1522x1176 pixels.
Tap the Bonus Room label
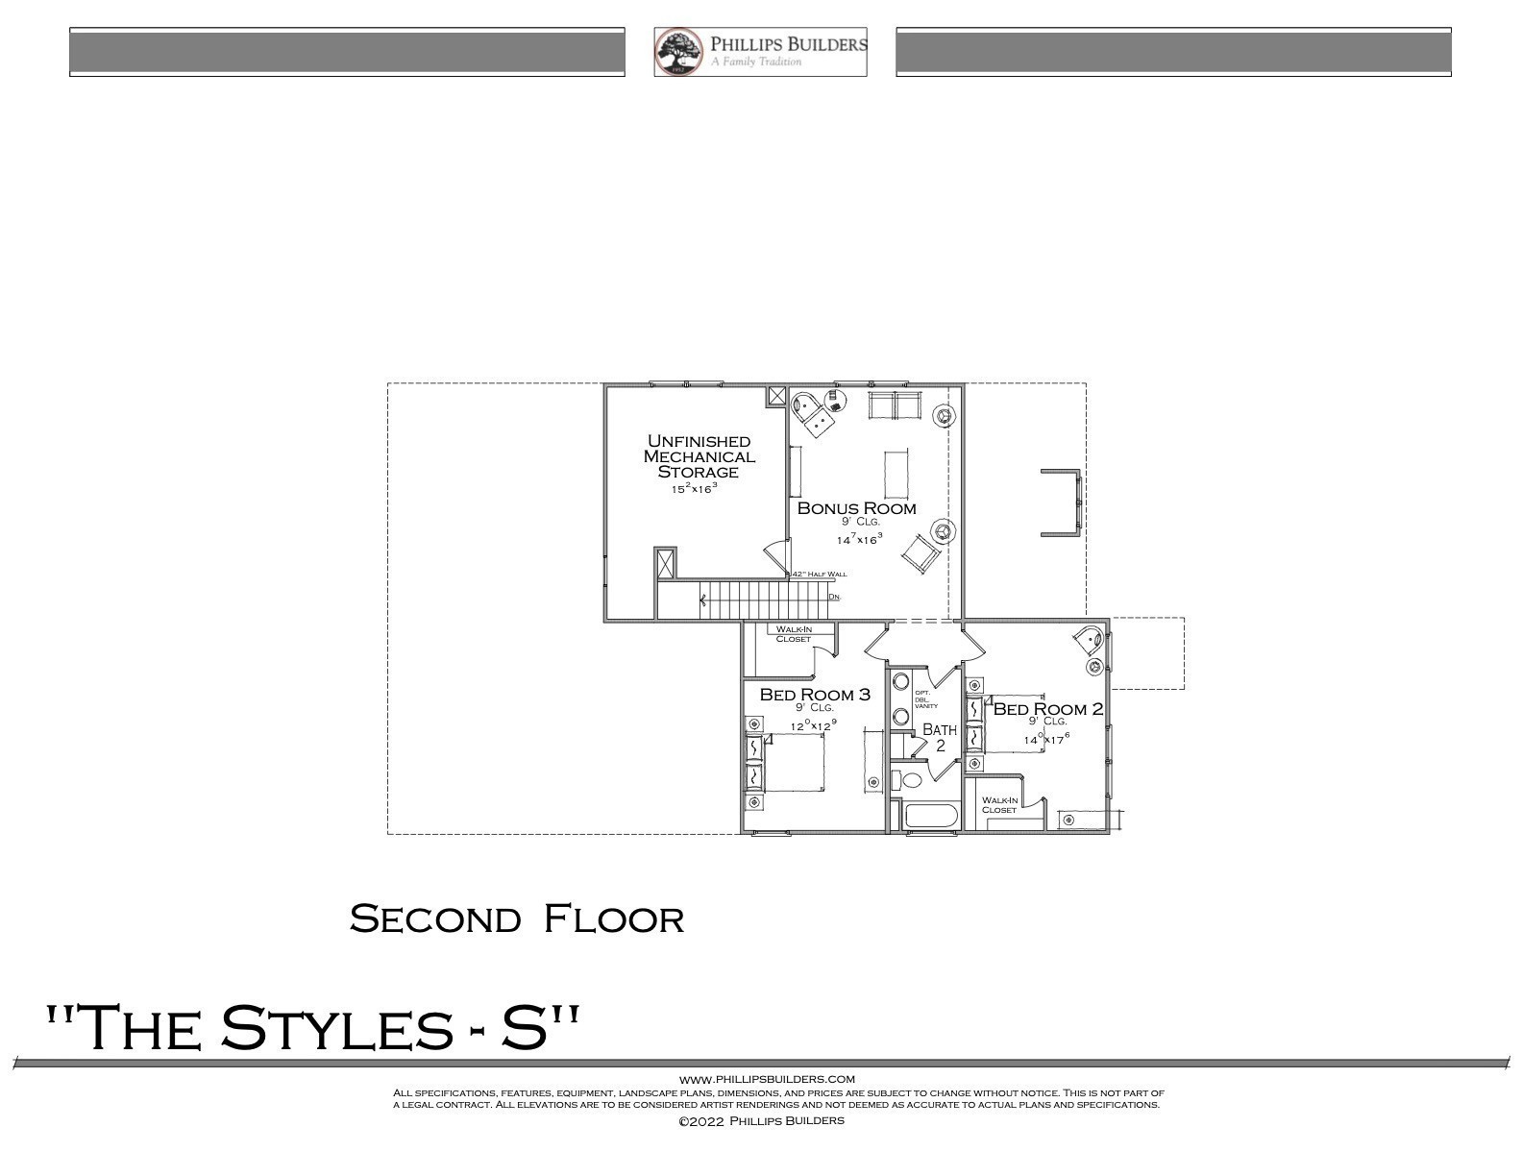pos(856,508)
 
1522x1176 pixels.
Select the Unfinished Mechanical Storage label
pos(699,456)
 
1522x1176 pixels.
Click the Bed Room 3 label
pos(815,694)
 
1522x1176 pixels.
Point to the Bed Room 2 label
pos(1047,709)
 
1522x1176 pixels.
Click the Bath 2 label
pos(940,737)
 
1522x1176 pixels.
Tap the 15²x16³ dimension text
pos(694,489)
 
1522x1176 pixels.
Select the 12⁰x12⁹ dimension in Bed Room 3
pos(813,726)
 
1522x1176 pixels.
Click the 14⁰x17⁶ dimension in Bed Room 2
pos(1046,739)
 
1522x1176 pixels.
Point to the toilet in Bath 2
pos(909,779)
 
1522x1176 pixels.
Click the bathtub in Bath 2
pos(931,818)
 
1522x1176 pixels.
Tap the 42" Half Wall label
pos(819,574)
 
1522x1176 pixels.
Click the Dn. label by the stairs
pos(834,597)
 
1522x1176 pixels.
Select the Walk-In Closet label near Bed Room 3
pos(794,634)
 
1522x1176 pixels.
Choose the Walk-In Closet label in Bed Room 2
pos(999,804)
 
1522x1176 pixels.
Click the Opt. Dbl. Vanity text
pos(920,698)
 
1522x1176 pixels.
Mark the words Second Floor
pos(517,919)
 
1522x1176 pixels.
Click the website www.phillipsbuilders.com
pos(767,1079)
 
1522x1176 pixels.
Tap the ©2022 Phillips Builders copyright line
pos(761,1120)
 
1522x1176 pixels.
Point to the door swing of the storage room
pos(775,554)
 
